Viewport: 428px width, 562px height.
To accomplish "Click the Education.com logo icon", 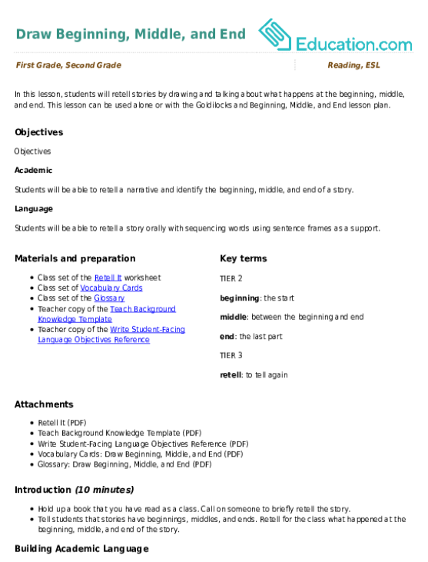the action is tap(275, 35).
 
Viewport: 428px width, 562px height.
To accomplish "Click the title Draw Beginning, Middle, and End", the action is tap(131, 34).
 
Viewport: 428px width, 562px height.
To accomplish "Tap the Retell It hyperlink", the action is tap(108, 278).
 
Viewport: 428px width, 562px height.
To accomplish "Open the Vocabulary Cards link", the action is tap(111, 288).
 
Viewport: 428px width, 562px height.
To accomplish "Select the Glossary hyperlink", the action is tap(109, 298).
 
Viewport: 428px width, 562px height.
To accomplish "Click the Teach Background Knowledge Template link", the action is tap(107, 314).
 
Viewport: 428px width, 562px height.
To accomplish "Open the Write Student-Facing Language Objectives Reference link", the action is tap(111, 334).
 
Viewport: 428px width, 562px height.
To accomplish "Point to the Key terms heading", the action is tap(243, 259).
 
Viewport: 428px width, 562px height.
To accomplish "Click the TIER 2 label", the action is tap(231, 279).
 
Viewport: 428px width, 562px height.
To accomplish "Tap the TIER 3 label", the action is tap(231, 355).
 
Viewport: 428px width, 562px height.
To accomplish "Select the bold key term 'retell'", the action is tap(231, 375).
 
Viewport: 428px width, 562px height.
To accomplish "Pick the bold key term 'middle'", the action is tap(233, 318).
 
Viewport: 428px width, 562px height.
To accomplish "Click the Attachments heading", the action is tap(44, 404).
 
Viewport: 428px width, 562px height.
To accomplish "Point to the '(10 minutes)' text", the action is tap(105, 490).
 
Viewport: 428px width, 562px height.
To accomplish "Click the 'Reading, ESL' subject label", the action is tap(354, 65).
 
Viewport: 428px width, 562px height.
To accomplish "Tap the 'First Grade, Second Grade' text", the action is tap(68, 65).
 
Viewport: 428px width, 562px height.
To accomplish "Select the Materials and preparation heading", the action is tap(75, 259).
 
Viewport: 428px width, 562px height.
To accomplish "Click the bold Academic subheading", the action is tap(33, 171).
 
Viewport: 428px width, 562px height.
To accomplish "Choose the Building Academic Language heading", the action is tap(81, 549).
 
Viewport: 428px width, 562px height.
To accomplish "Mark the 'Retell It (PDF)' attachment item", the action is tap(62, 423).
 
